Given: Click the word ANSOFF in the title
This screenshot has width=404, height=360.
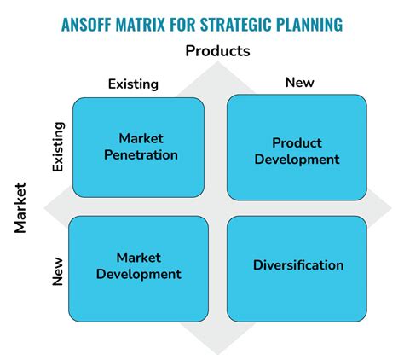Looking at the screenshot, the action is tap(86, 25).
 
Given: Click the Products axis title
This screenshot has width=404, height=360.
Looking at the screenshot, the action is tap(217, 51).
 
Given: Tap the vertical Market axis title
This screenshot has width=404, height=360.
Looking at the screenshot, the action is tap(20, 208).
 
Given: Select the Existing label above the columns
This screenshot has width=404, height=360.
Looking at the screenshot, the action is tap(133, 84).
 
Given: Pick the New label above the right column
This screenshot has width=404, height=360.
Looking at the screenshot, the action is tap(300, 83).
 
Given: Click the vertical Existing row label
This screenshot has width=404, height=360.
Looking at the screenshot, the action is tap(58, 147).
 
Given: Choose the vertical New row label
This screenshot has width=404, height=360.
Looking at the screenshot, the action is tap(57, 271).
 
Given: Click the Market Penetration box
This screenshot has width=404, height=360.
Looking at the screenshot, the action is tap(138, 148).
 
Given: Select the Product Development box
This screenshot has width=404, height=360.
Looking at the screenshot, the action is tap(297, 148).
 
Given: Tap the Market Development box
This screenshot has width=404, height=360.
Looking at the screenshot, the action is tap(138, 269).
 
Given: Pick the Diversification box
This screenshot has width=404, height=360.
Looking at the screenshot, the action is tap(297, 269).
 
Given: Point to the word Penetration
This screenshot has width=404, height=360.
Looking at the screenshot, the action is tap(141, 155).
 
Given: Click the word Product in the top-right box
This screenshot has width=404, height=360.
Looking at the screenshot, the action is tap(297, 142).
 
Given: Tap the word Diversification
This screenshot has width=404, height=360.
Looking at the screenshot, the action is tap(298, 265).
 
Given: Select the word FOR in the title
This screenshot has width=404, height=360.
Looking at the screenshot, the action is tap(182, 25).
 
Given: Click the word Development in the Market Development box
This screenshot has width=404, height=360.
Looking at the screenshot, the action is tap(139, 275).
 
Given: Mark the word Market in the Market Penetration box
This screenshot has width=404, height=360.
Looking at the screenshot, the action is tap(141, 138).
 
